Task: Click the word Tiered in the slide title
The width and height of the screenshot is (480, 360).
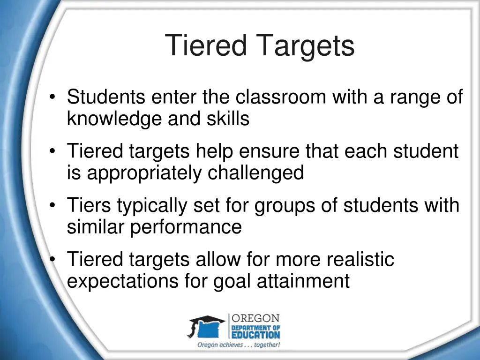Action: [x=205, y=46]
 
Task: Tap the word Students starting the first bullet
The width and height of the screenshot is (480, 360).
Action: [x=106, y=97]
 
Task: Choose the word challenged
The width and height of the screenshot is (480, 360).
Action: [x=256, y=173]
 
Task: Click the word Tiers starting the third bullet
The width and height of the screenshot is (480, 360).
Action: [x=90, y=206]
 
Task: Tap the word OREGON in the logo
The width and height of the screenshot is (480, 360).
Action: [x=256, y=319]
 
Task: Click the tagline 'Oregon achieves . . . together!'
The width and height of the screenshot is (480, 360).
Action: [x=239, y=345]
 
